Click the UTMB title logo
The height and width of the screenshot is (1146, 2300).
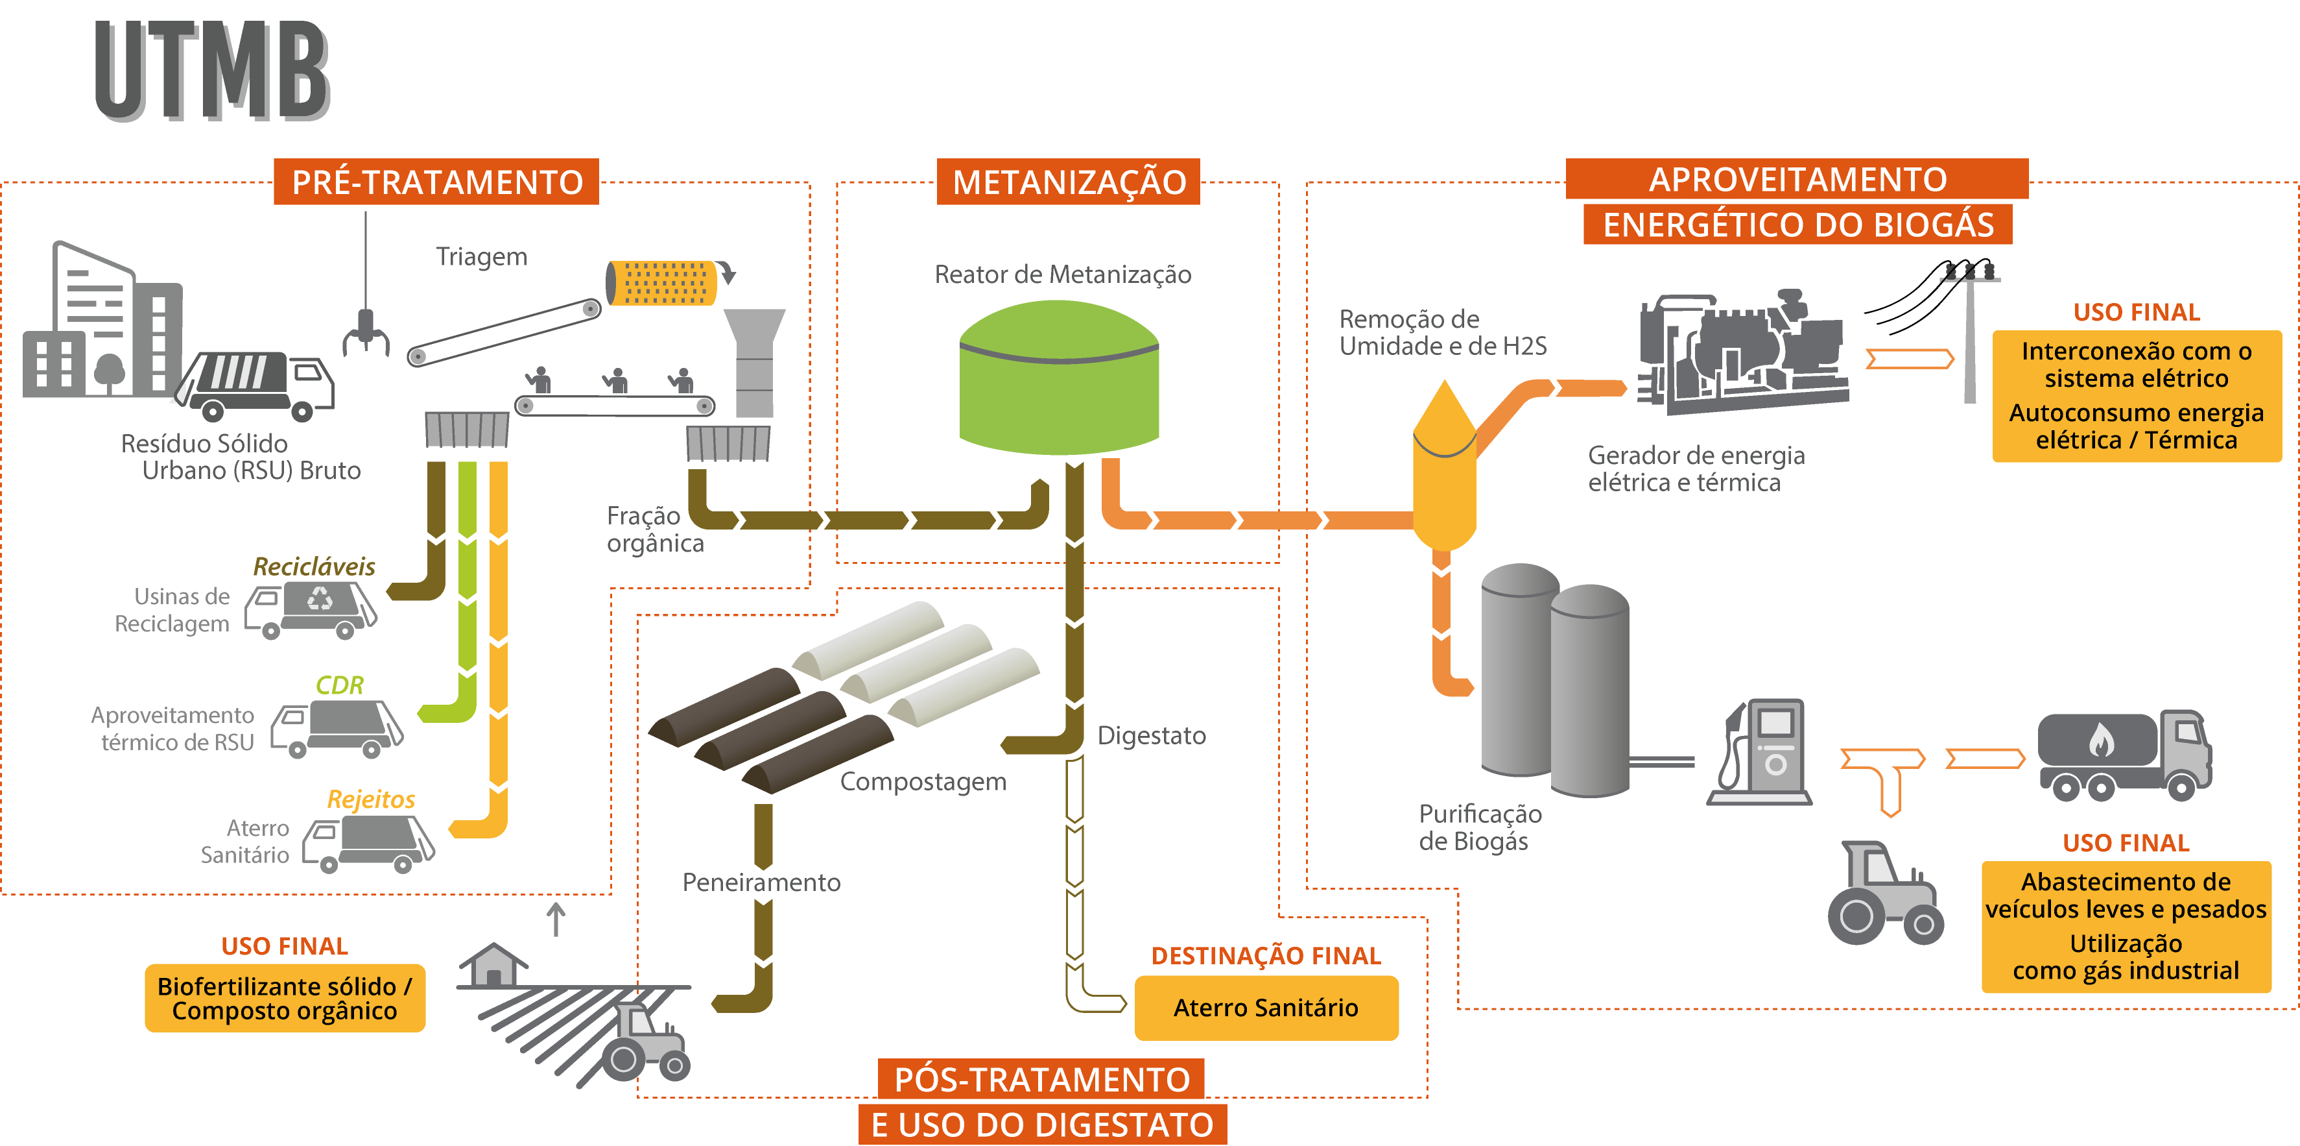point(213,71)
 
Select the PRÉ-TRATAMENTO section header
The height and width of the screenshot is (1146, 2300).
point(436,182)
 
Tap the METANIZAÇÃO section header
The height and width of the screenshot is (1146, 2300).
point(1068,182)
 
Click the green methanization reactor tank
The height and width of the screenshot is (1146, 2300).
point(1059,380)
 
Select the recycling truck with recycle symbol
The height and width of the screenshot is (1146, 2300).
point(313,610)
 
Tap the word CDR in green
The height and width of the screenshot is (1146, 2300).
point(339,685)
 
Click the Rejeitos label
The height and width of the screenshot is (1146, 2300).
point(370,799)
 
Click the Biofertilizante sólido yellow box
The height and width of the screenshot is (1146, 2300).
point(285,998)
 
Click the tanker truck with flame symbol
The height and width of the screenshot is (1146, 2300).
point(2123,755)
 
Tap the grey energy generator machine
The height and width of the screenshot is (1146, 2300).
point(1741,353)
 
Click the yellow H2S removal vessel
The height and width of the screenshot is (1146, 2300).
point(1444,469)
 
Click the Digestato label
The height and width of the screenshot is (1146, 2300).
point(1151,735)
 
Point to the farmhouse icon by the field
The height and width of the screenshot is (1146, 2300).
point(493,965)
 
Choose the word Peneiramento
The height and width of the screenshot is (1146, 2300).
point(761,883)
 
